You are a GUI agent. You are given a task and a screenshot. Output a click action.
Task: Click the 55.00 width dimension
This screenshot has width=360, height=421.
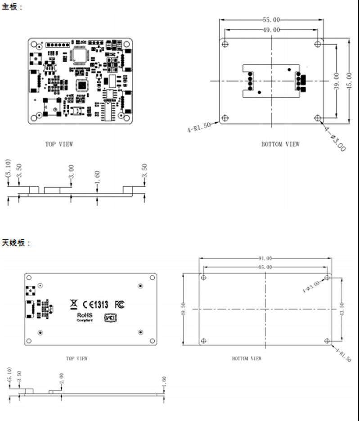pos(271,20)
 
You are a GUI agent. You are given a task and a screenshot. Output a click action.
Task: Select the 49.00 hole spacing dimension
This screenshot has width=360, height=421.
pos(271,30)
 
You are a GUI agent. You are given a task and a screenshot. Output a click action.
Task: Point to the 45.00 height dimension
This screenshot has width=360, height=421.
pos(349,81)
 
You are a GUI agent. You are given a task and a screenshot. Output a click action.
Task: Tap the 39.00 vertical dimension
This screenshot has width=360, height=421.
pos(336,81)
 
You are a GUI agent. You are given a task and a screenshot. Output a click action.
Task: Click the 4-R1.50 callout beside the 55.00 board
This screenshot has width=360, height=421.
pos(198,127)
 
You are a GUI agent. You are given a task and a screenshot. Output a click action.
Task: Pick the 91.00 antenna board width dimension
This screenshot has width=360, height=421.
pos(265,259)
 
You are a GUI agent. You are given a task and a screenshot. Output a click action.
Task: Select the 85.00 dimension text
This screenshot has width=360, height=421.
pos(265,267)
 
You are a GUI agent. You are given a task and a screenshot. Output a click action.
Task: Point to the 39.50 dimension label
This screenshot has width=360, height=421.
pos(183,309)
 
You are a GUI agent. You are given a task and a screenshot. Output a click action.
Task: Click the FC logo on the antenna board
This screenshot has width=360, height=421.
pos(120,305)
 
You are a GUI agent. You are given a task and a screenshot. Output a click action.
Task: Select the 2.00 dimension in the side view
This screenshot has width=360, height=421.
pos(62,378)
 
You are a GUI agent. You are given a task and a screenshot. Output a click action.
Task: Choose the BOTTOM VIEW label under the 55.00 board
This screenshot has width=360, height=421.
pos(280,144)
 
